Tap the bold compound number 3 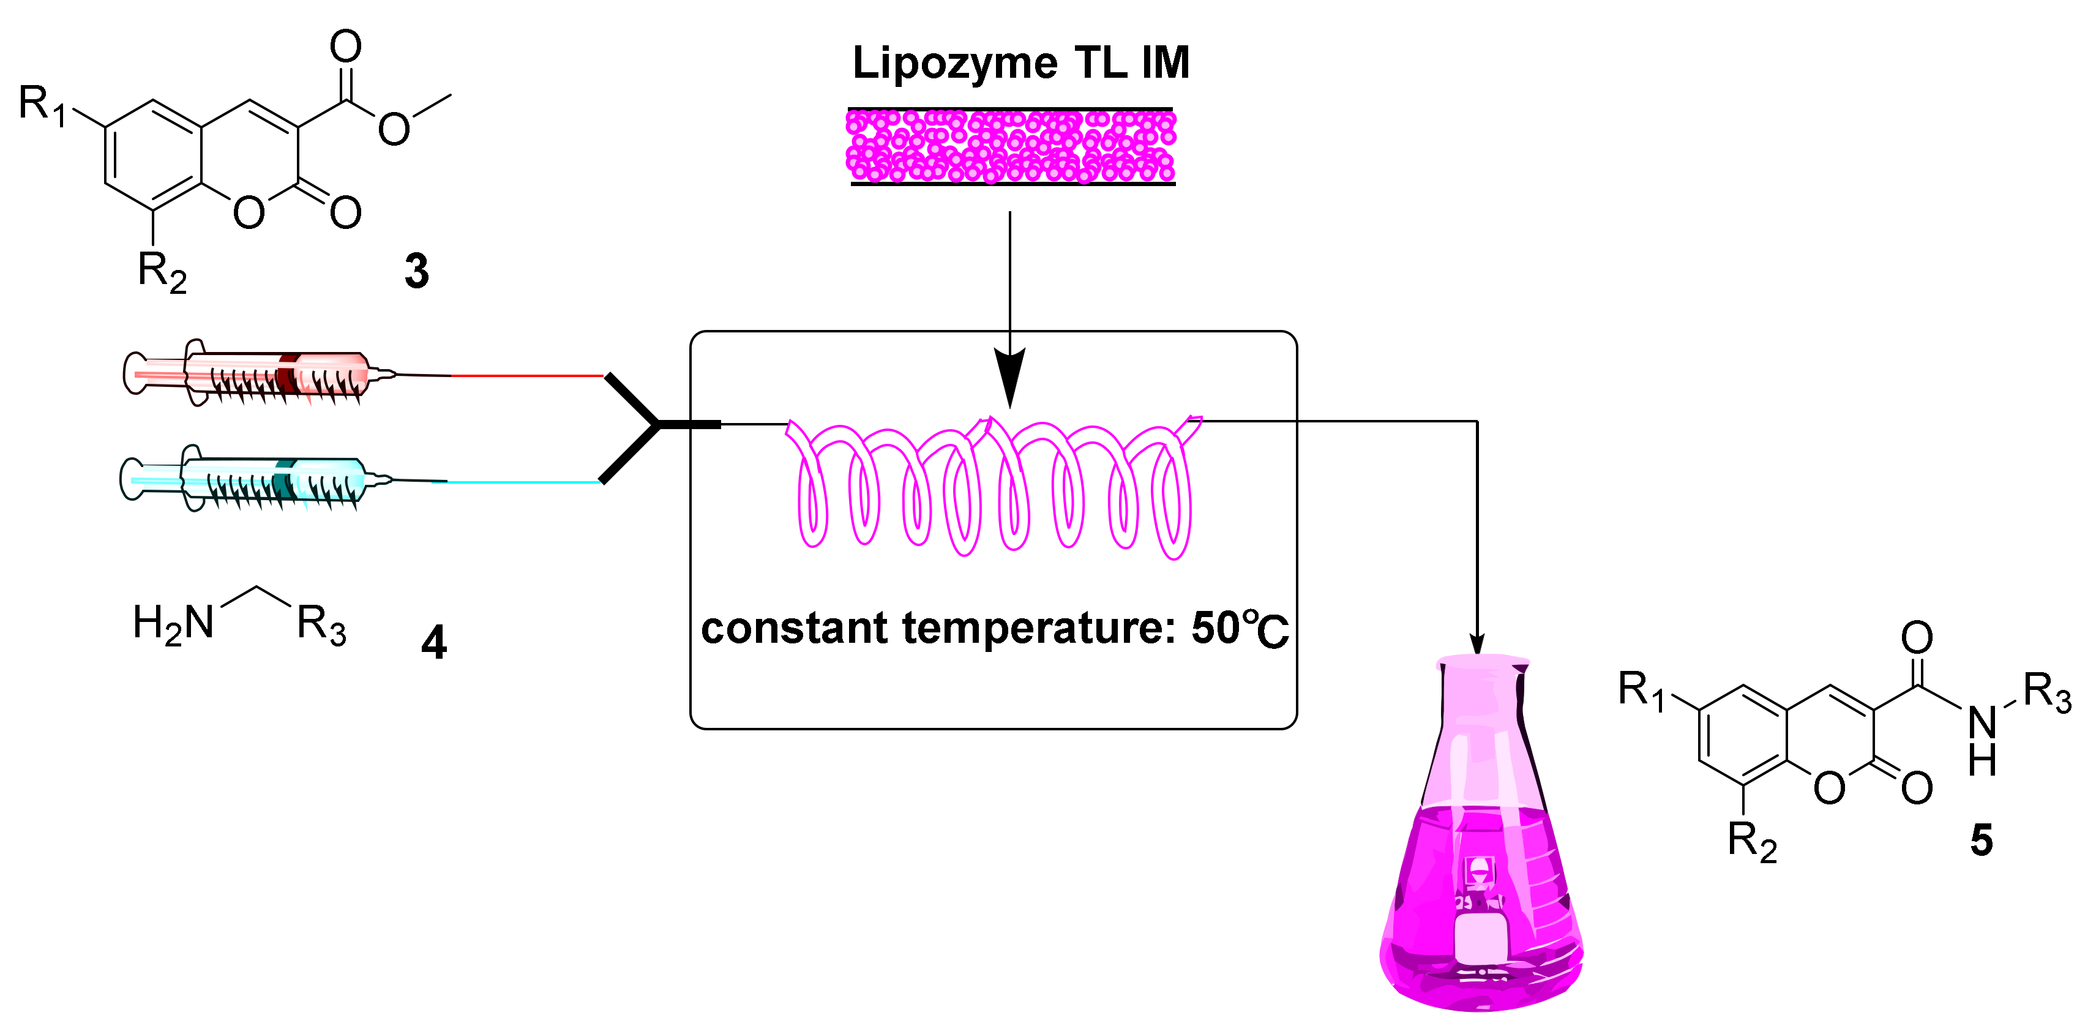click(417, 271)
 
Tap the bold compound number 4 click(433, 643)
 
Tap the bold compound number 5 click(1982, 840)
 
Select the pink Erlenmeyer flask click(1480, 855)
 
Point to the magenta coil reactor click(993, 488)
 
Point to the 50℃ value click(1239, 628)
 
